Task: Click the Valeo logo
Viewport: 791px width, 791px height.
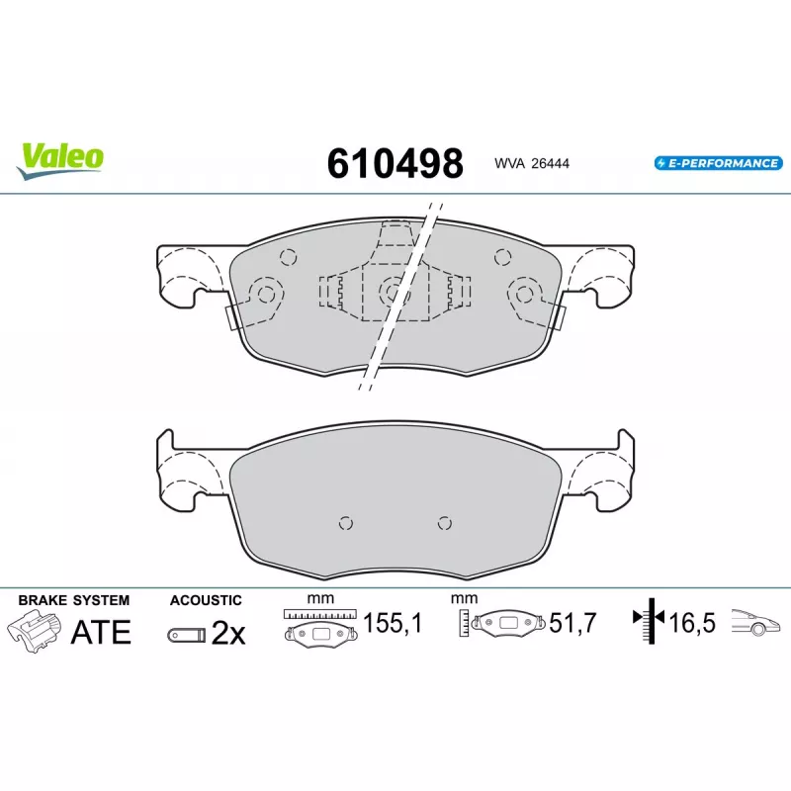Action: (60, 160)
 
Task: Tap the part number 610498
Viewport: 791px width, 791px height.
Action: (395, 163)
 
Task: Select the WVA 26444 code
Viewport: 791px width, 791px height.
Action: (532, 163)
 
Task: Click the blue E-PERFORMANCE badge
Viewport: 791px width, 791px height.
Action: (719, 163)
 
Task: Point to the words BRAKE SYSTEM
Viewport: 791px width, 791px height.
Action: (73, 600)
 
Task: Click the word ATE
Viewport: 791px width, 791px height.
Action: (101, 632)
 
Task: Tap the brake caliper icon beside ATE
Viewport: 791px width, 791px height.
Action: (35, 631)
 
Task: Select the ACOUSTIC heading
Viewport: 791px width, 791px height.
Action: (206, 600)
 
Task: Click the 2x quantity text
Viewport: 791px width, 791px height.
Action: (228, 633)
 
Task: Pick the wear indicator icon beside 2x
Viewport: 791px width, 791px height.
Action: (187, 635)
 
